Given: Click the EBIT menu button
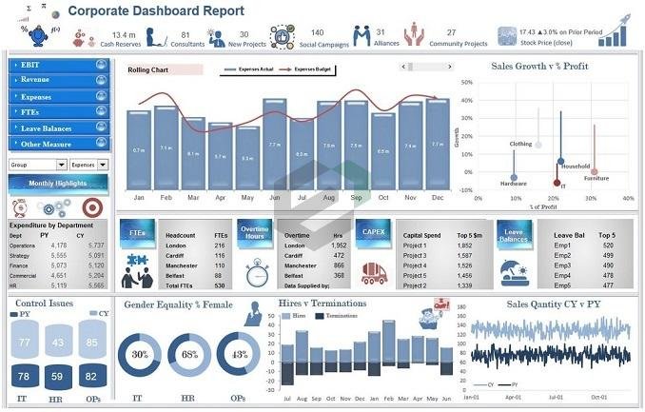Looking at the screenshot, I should pyautogui.click(x=57, y=65).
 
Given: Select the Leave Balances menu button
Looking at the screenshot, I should pyautogui.click(x=57, y=128).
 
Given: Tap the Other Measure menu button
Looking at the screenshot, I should pyautogui.click(x=57, y=145).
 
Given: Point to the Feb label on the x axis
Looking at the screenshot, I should pyautogui.click(x=166, y=198).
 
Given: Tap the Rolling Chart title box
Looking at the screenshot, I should pyautogui.click(x=164, y=70).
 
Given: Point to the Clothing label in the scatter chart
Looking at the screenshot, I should pyautogui.click(x=520, y=144).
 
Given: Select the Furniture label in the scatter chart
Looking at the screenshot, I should pyautogui.click(x=596, y=179).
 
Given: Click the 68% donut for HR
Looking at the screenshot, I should pyautogui.click(x=189, y=355).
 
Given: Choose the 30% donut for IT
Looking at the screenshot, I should pyautogui.click(x=139, y=355).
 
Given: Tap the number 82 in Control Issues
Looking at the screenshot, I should pyautogui.click(x=93, y=377).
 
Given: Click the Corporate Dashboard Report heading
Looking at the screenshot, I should pyautogui.click(x=156, y=11).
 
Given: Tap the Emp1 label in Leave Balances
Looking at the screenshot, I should pyautogui.click(x=562, y=245).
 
